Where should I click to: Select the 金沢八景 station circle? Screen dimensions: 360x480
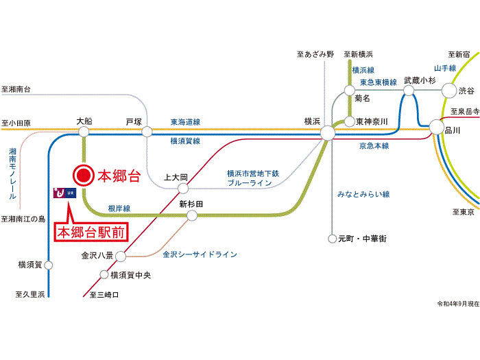[121, 256]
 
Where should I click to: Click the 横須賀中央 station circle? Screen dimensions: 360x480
[105, 275]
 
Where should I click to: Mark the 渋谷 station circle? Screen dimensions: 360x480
[449, 90]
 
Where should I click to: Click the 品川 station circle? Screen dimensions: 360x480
[436, 127]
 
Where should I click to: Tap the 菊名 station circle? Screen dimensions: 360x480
[350, 90]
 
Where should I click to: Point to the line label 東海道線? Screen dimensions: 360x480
[185, 121]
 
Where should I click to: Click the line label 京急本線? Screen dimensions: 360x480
[374, 145]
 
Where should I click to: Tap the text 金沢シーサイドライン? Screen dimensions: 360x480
[200, 254]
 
